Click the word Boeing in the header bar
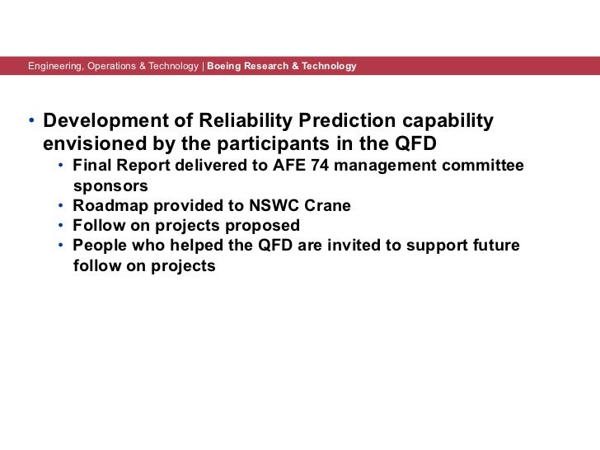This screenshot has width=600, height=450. [225, 65]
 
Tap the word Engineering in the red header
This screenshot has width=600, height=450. [54, 65]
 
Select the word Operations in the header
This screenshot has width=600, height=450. [110, 65]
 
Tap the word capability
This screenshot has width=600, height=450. [446, 121]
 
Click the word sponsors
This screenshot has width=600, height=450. [110, 186]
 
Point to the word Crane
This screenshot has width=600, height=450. [327, 206]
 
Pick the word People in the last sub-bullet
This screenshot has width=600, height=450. [98, 246]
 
